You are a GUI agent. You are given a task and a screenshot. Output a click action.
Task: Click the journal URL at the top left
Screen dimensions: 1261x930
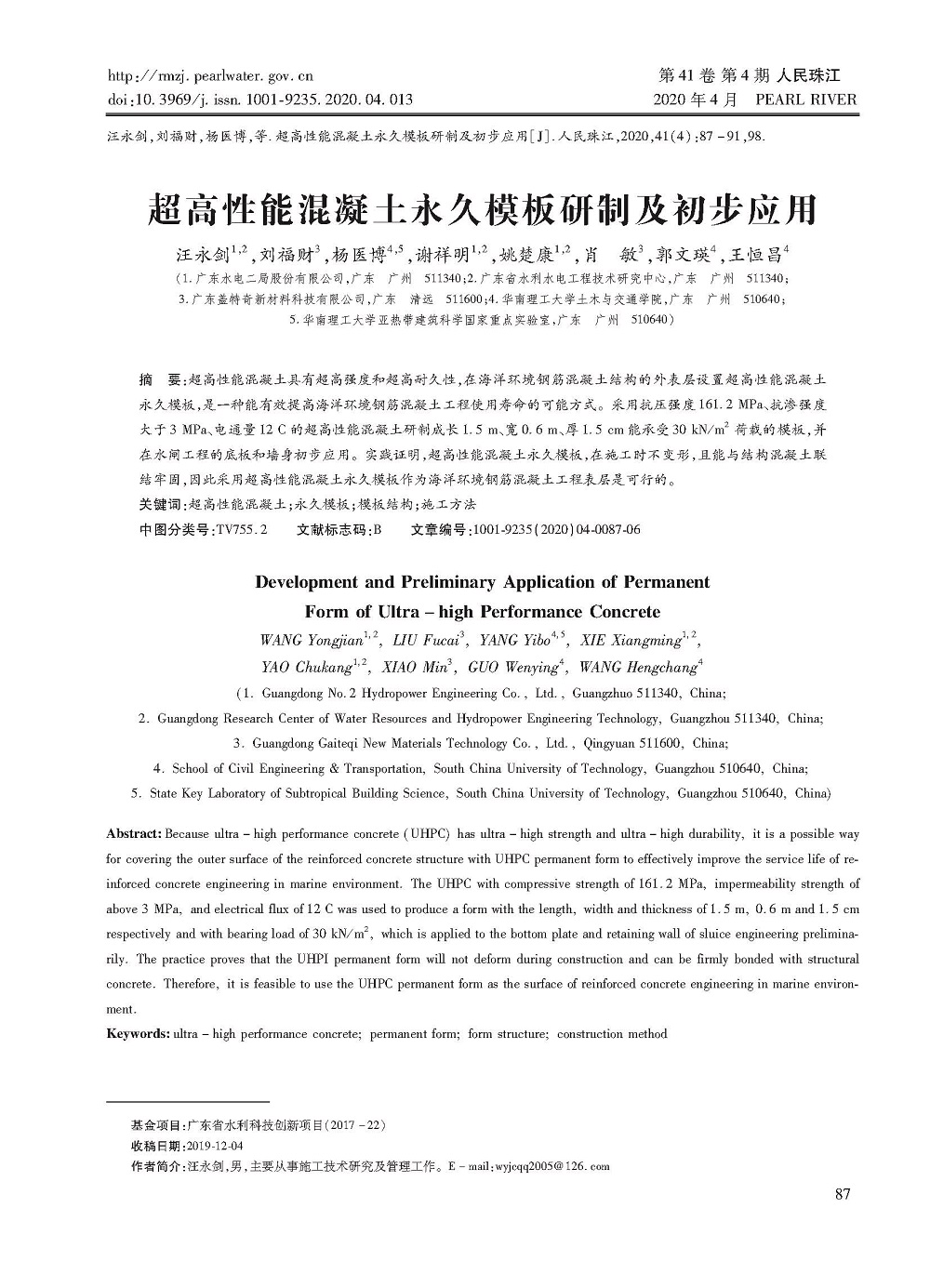point(211,76)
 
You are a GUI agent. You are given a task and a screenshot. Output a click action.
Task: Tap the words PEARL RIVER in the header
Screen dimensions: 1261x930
point(805,100)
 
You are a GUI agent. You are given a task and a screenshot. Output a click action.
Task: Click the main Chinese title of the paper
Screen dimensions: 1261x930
point(482,210)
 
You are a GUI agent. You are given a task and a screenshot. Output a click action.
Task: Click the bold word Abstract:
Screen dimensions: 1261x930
point(135,834)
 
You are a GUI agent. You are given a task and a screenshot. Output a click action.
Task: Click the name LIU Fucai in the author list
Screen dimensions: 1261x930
point(426,641)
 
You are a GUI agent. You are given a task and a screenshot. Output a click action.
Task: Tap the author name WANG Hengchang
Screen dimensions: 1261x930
point(637,668)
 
